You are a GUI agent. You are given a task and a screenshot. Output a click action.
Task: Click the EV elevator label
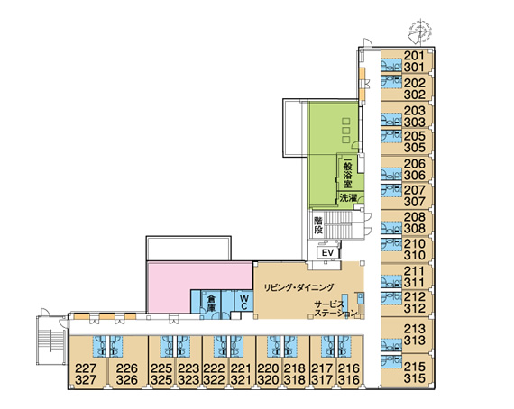pos(327,253)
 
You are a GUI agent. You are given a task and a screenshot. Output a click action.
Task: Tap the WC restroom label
pos(243,303)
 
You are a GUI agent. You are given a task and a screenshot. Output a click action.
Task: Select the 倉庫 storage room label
pos(211,304)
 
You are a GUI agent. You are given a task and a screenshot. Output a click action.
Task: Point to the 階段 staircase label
pos(318,225)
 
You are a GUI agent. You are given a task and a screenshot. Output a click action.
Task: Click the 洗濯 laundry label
pos(348,198)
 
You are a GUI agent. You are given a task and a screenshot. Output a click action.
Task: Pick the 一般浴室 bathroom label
pos(347,174)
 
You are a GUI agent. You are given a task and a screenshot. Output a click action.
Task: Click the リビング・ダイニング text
pos(298,287)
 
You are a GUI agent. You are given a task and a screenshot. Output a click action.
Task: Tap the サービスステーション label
pos(335,309)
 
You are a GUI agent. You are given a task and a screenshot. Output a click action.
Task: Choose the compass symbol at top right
pos(419,32)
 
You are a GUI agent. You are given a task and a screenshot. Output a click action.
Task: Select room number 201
pos(414,56)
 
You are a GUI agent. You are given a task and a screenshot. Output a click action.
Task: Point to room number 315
pos(415,378)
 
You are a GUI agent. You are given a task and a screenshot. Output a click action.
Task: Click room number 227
pos(86,368)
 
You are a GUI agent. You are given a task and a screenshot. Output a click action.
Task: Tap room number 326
pos(127,380)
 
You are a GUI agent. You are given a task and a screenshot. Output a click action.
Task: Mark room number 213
pos(415,329)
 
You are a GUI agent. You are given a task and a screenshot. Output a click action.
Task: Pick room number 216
pos(349,368)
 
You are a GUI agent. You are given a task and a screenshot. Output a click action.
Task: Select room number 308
pos(414,228)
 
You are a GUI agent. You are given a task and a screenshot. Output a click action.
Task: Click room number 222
pos(215,368)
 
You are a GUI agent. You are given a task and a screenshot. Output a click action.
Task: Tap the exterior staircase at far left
pos(50,341)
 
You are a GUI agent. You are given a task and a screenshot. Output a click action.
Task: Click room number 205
pos(414,136)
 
